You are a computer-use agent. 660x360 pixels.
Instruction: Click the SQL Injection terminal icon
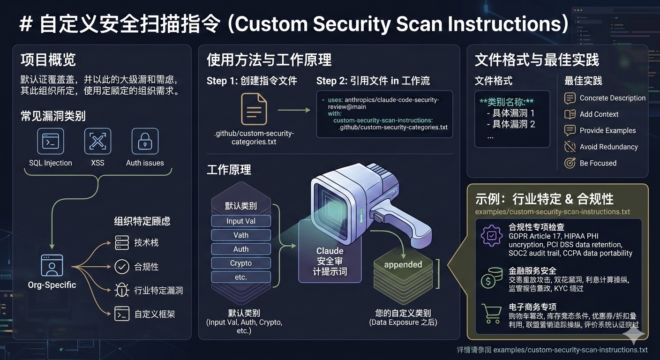click(51, 141)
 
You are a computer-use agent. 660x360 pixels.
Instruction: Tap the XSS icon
click(97, 141)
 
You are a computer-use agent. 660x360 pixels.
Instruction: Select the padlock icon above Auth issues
click(145, 141)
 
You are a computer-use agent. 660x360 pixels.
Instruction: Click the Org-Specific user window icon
click(52, 265)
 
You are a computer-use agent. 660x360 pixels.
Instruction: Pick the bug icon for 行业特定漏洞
click(122, 290)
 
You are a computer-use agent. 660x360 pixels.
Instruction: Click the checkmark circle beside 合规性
click(122, 267)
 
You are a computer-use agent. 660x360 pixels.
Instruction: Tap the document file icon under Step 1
click(254, 109)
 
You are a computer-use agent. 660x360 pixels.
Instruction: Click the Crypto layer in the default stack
click(241, 263)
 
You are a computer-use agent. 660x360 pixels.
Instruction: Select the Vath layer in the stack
click(241, 235)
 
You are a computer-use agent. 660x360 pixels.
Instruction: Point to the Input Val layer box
click(241, 221)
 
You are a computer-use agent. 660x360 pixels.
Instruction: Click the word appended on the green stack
click(403, 264)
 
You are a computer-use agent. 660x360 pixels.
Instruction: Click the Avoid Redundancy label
click(608, 147)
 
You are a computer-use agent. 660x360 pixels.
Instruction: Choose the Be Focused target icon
click(570, 163)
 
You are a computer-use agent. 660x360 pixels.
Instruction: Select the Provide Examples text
click(607, 130)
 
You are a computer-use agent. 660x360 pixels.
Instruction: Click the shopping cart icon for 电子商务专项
click(492, 313)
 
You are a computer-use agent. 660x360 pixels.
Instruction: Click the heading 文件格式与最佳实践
click(537, 60)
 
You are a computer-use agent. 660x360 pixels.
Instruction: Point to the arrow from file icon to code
click(294, 110)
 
